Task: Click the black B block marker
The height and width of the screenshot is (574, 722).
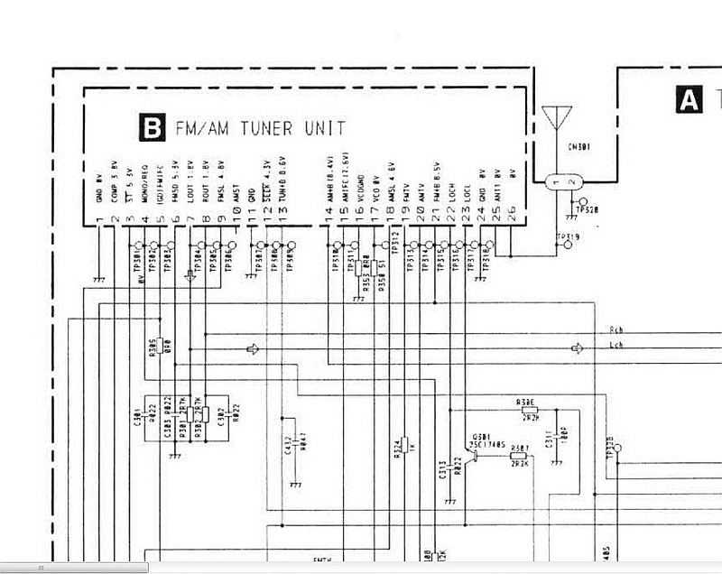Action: click(x=152, y=128)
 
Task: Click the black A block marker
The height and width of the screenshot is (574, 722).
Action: click(x=689, y=99)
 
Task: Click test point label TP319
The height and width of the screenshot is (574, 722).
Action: click(x=569, y=238)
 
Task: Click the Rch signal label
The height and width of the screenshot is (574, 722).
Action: click(x=616, y=331)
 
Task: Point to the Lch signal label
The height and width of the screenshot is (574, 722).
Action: click(x=616, y=346)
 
